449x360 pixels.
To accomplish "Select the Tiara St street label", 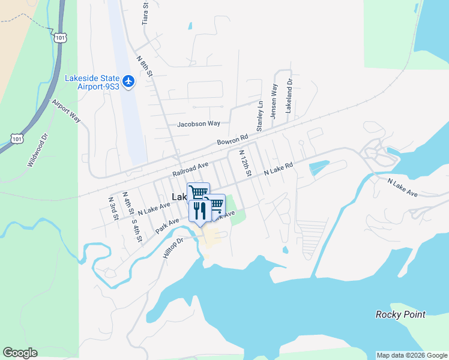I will point(145,13).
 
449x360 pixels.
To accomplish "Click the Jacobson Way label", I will point(199,124).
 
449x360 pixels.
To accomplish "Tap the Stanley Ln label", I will point(260,116).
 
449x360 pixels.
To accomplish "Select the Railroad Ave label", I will point(190,169).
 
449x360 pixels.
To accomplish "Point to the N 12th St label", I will point(245,163).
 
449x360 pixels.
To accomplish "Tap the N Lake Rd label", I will point(279,170).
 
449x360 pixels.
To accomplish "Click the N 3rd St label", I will point(112,208).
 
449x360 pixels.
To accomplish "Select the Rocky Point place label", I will point(400,314).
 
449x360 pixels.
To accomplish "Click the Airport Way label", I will point(66,112).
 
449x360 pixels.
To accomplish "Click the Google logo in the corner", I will point(20,353).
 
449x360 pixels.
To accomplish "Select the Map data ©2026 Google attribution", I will point(412,355).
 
